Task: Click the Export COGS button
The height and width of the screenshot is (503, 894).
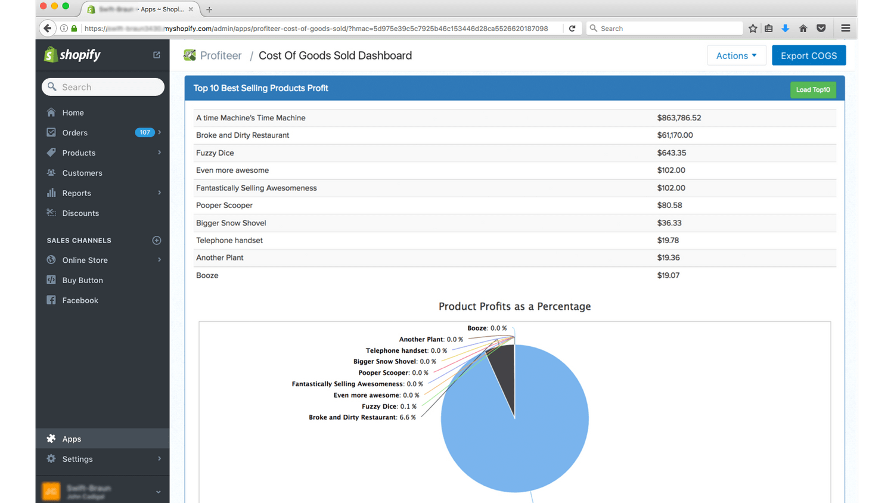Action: click(x=808, y=55)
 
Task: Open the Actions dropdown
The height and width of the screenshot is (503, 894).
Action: click(x=736, y=55)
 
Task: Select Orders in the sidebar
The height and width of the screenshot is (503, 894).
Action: click(x=74, y=132)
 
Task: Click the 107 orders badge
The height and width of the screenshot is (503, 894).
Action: click(x=144, y=132)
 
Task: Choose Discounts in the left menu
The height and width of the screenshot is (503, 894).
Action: click(x=80, y=213)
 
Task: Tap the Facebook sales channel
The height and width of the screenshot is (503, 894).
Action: click(x=80, y=300)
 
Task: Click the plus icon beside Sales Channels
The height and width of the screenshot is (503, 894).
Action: click(x=157, y=240)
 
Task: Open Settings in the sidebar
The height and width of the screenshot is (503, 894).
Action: click(x=77, y=459)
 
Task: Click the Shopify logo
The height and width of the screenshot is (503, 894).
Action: click(x=73, y=55)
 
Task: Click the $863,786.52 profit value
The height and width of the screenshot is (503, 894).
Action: click(x=679, y=118)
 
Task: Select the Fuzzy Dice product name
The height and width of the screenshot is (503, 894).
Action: click(x=215, y=153)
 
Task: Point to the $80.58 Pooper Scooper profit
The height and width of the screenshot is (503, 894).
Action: click(x=669, y=205)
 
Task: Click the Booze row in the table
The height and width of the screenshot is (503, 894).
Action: click(x=207, y=275)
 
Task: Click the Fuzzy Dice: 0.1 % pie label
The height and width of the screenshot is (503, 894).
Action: click(x=389, y=406)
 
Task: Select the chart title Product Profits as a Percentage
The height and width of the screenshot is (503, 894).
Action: click(x=514, y=306)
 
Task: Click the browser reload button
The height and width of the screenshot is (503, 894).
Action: click(x=572, y=28)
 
